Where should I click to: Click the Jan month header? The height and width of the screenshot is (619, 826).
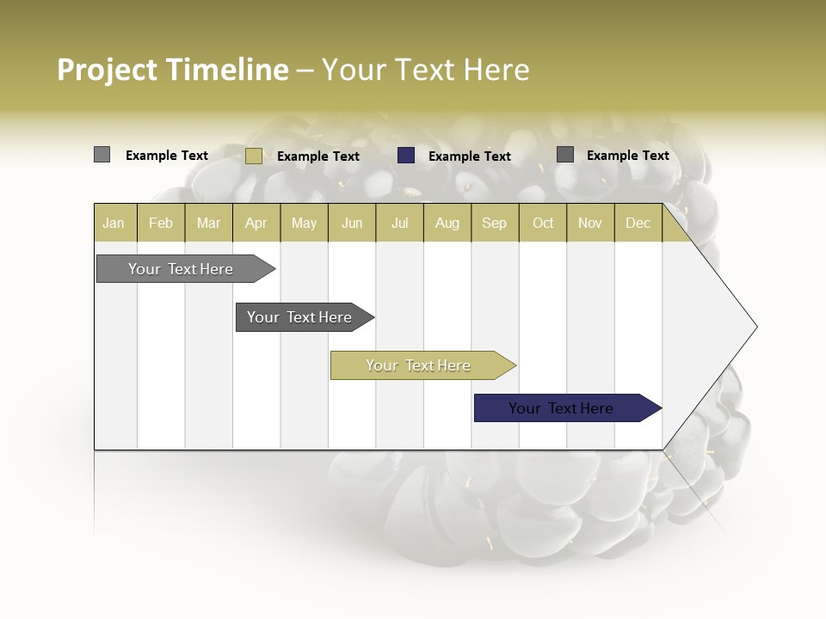[x=114, y=223]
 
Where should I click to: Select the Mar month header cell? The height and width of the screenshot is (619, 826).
[x=208, y=223]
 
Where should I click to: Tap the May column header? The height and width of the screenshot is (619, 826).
[x=304, y=223]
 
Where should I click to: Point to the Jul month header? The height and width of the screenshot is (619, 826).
[x=399, y=223]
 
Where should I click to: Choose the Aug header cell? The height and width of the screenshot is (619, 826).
[x=447, y=223]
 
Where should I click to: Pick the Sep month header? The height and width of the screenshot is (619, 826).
[x=494, y=223]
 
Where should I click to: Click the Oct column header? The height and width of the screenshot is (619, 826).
[x=543, y=223]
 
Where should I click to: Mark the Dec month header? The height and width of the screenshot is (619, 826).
[x=638, y=223]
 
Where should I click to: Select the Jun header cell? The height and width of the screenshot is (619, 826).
[x=352, y=223]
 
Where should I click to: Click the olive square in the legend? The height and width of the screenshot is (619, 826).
[x=253, y=156]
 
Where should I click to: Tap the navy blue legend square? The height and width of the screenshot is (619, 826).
[x=406, y=156]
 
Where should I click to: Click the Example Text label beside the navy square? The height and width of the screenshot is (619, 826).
[x=469, y=156]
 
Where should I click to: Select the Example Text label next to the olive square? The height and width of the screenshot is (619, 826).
[x=317, y=156]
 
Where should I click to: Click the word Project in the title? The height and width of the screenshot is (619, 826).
[x=108, y=70]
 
